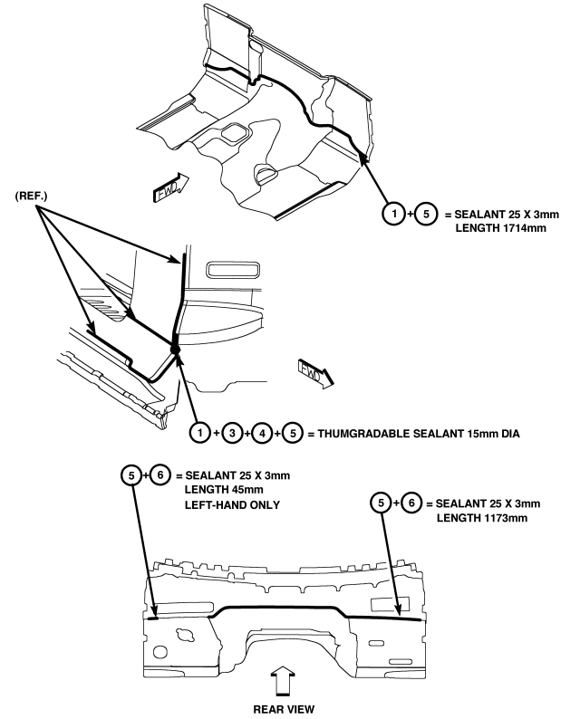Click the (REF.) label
[x=31, y=197]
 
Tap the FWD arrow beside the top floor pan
[x=170, y=187]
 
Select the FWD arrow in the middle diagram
[x=316, y=373]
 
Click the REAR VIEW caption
[x=284, y=708]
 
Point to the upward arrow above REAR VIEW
[x=283, y=682]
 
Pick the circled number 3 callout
[x=232, y=433]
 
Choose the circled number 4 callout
[x=262, y=433]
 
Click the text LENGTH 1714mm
[x=500, y=228]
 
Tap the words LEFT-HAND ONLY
[x=232, y=505]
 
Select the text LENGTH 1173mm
[x=482, y=518]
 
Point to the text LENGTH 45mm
[x=224, y=490]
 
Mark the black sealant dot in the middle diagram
[x=175, y=350]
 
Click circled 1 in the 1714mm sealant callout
[x=393, y=213]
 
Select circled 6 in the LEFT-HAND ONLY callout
[x=160, y=475]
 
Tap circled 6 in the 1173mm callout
[x=411, y=503]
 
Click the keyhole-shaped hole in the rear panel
[x=187, y=635]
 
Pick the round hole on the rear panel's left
[x=159, y=652]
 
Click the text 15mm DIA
[x=493, y=434]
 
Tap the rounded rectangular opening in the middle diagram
[x=233, y=270]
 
